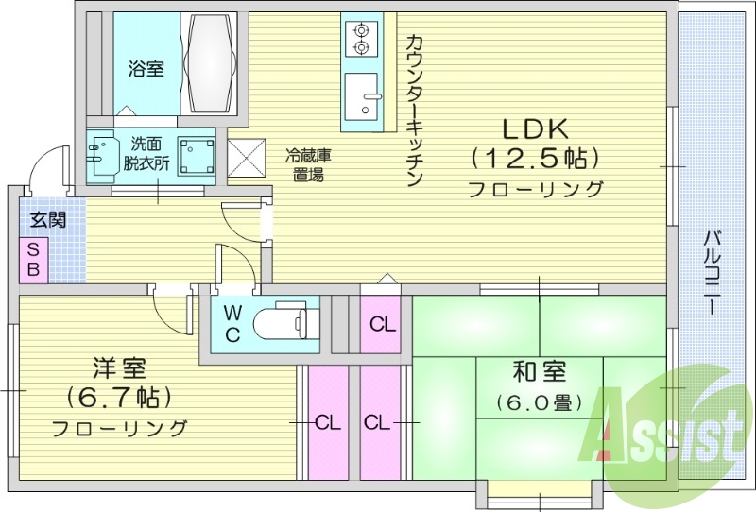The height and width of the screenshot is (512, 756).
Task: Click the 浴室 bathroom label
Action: [146, 68]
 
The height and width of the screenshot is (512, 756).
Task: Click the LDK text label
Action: [536, 127]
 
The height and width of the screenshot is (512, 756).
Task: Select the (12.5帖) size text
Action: [536, 157]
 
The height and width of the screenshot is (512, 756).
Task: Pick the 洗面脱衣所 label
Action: [149, 153]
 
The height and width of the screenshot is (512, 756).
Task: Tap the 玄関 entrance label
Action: [47, 221]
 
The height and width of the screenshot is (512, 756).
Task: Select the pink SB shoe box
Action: [32, 259]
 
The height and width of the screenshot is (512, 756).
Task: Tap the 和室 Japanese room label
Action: [536, 370]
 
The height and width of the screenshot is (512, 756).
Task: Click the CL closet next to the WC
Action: [382, 325]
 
